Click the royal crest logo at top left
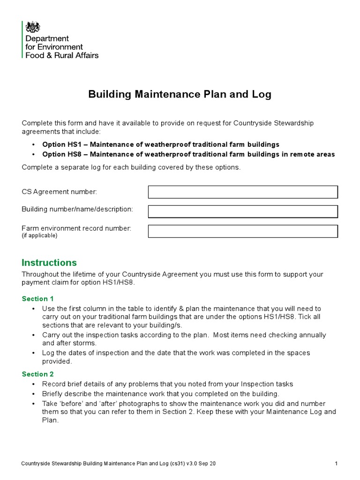click(x=32, y=27)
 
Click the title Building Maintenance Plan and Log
click(x=180, y=94)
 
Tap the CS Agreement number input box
click(x=243, y=192)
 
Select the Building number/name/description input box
click(x=243, y=211)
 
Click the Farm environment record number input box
click(x=243, y=231)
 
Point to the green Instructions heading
click(x=49, y=262)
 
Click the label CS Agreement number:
click(x=60, y=192)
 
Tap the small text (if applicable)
click(x=39, y=236)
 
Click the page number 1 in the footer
click(x=337, y=464)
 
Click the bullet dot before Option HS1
click(x=34, y=144)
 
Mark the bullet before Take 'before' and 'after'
click(x=34, y=404)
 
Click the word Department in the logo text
click(x=47, y=38)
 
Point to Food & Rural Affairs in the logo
click(x=62, y=55)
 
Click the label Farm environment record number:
click(x=76, y=228)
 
